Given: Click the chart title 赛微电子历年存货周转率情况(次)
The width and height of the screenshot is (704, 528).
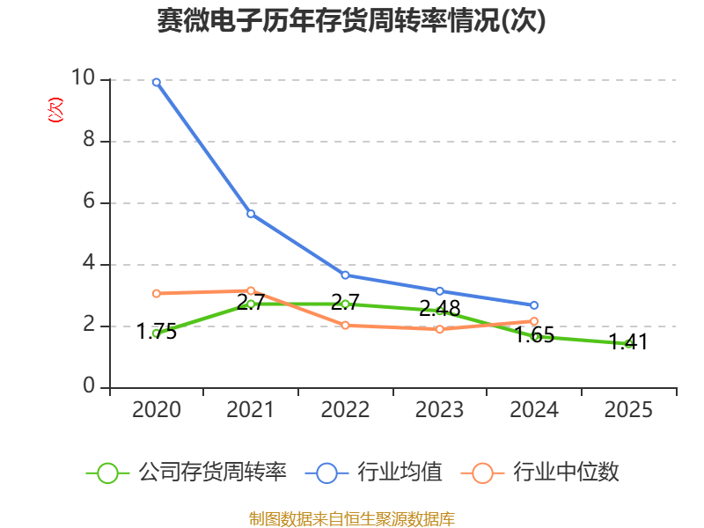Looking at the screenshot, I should click(352, 20).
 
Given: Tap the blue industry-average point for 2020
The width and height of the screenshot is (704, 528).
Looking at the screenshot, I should click(157, 82).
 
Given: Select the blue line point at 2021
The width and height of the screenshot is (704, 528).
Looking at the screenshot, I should click(251, 213).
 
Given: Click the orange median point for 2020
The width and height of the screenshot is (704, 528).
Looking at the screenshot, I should click(157, 293).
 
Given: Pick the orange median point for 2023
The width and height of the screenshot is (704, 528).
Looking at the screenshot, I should click(440, 329).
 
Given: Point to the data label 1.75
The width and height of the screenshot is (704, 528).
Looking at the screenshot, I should click(157, 332).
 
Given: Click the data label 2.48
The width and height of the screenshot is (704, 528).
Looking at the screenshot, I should click(440, 308).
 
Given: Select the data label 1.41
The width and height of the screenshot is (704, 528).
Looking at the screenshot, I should click(628, 341).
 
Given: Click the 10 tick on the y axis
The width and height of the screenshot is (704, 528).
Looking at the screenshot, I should click(84, 79).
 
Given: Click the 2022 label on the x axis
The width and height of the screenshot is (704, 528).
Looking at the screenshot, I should click(345, 409).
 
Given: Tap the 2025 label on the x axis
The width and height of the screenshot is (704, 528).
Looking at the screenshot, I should click(628, 409).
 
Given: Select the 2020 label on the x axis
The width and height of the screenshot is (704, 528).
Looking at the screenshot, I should click(157, 409).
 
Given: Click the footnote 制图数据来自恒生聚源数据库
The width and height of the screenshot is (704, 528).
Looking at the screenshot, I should click(352, 518).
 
